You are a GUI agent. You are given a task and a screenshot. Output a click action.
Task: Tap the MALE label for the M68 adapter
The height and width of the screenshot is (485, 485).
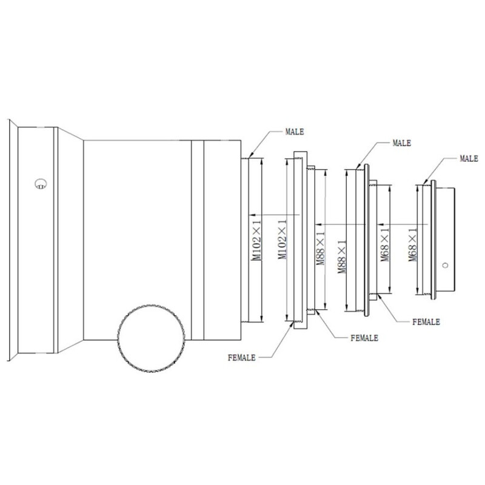click(469, 158)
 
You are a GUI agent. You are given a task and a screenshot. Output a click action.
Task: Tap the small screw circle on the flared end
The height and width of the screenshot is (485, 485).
click(41, 183)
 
